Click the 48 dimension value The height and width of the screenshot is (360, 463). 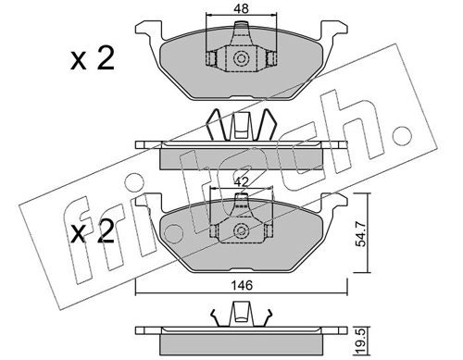[241, 8]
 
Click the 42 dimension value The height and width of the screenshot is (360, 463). [241, 182]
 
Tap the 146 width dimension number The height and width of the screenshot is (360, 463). [242, 285]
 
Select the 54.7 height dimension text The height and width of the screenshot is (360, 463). [361, 234]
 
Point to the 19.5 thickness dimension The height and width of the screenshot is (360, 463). [361, 341]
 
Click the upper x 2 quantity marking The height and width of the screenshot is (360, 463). [93, 58]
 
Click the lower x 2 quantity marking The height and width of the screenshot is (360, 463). [93, 233]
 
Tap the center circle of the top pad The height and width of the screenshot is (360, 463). [241, 58]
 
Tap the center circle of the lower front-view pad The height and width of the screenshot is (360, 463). [241, 230]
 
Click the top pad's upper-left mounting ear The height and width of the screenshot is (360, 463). [148, 30]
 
